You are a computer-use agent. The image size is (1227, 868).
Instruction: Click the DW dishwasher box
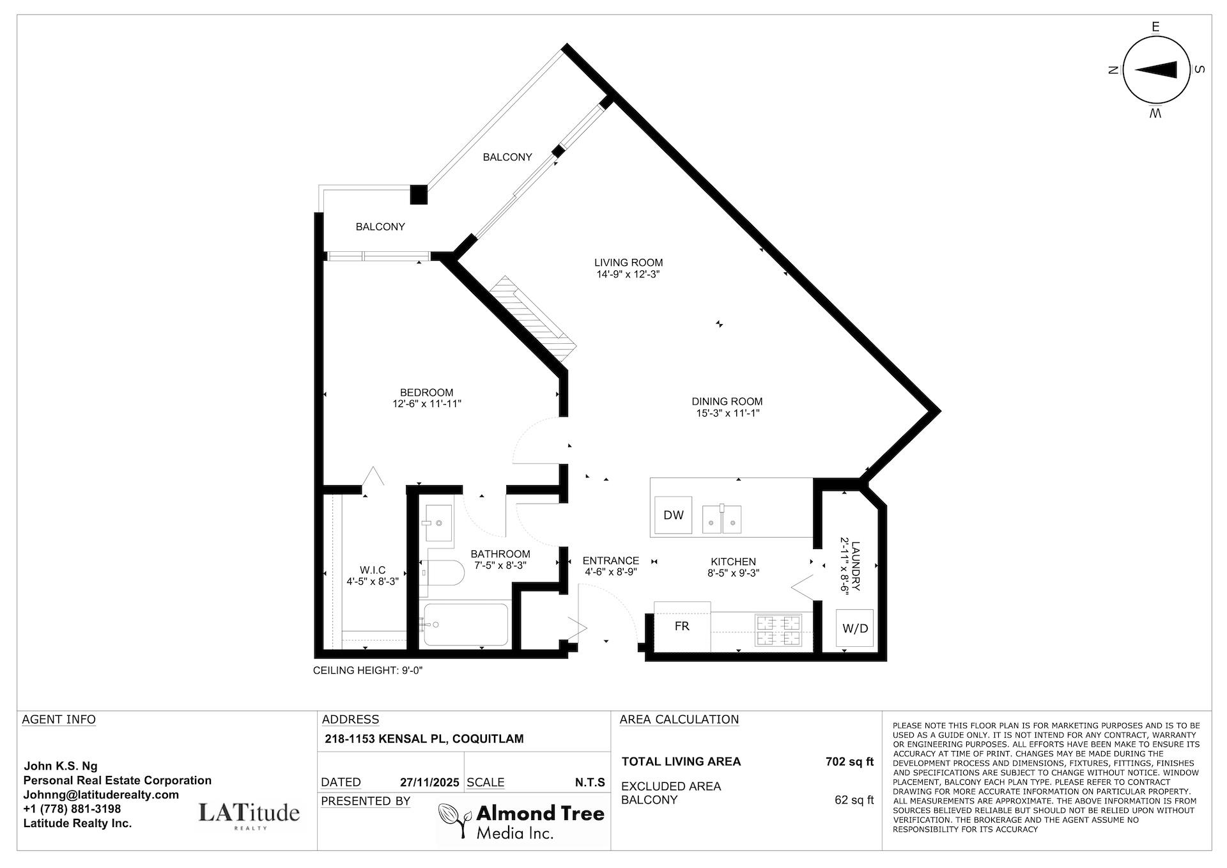(674, 515)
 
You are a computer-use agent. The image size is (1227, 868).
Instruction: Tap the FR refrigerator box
(682, 626)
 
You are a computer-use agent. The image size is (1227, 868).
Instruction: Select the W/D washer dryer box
(854, 628)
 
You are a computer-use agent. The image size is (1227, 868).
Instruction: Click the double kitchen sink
(722, 519)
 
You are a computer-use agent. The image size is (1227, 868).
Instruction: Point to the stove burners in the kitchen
(778, 630)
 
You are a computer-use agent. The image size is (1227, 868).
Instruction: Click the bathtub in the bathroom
(466, 624)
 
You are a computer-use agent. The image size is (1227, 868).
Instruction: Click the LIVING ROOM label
(628, 263)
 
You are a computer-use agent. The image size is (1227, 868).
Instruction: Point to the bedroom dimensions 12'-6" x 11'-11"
(427, 404)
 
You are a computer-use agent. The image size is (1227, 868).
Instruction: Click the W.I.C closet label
(373, 570)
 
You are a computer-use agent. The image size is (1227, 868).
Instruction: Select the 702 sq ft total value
(849, 761)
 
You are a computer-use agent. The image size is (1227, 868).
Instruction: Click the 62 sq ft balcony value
(854, 800)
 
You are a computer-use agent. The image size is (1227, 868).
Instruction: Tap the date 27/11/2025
(429, 782)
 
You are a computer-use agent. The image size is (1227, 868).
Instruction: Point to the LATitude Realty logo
(249, 814)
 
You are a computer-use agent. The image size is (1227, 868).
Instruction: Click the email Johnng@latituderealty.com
(101, 794)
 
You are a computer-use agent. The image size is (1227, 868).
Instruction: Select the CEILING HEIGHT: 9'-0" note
(368, 670)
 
